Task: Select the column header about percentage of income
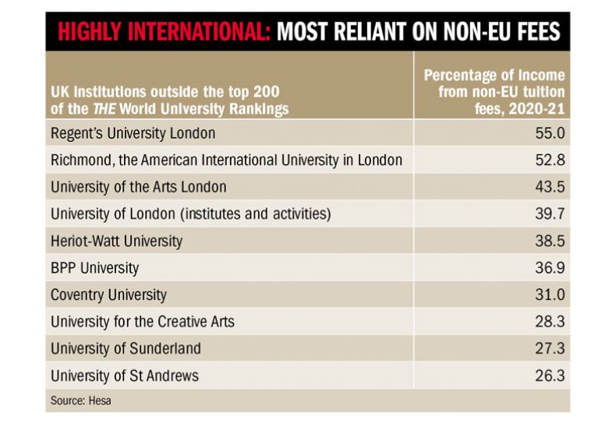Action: [x=493, y=92]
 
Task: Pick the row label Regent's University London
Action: [x=133, y=133]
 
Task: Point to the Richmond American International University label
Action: [x=226, y=160]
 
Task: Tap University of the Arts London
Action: [x=138, y=187]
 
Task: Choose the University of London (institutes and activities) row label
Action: [x=191, y=214]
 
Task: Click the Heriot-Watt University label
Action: [x=116, y=241]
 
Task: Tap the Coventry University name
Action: [x=108, y=295]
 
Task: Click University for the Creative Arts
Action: [x=142, y=322]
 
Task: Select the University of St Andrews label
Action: [x=125, y=375]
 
